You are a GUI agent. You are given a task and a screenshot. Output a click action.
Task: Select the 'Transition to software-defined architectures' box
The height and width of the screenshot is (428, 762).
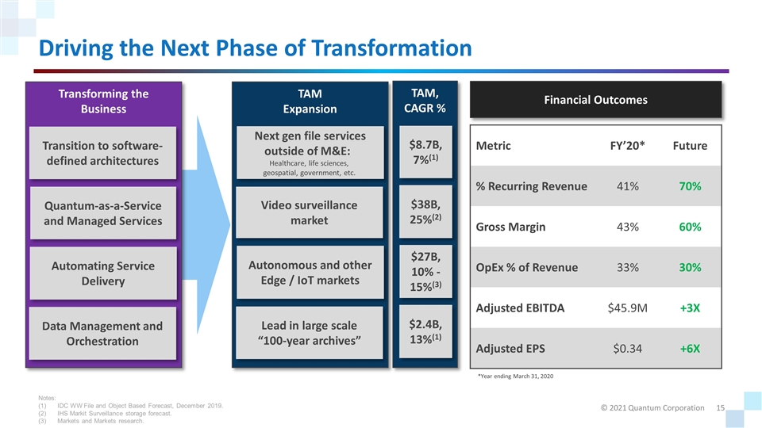point(104,153)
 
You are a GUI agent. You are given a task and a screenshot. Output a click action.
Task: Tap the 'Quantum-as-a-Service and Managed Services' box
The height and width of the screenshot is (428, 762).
point(104,213)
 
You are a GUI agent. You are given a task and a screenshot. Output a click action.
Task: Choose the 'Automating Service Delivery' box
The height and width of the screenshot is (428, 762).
point(104,273)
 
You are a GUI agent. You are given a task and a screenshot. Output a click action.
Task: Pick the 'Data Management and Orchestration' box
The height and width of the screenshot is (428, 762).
point(104,333)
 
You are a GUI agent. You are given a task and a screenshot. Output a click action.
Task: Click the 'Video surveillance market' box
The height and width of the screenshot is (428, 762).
point(310,212)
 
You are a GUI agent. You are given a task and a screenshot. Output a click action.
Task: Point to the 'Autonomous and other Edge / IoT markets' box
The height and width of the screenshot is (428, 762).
point(310,273)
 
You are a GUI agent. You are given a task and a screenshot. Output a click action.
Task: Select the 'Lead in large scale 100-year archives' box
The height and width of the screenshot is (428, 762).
point(310,333)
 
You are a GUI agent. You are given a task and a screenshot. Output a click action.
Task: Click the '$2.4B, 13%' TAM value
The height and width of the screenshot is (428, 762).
point(425,331)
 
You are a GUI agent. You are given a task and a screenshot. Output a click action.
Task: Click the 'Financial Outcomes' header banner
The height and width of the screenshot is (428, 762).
point(595,100)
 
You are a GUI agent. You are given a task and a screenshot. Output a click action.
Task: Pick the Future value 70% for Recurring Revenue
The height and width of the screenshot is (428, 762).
point(689,186)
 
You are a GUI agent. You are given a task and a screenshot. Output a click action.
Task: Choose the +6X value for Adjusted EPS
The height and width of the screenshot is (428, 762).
point(689,348)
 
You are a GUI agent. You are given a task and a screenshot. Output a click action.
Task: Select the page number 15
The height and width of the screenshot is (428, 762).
point(721,407)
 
